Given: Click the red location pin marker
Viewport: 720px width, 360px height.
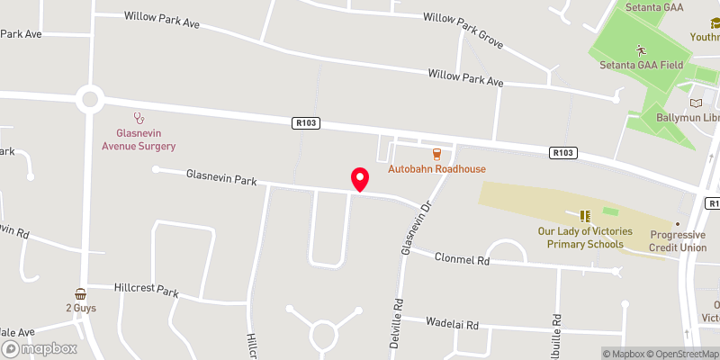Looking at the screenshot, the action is (x=359, y=179).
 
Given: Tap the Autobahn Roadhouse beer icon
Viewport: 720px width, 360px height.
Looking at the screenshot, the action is (x=436, y=154).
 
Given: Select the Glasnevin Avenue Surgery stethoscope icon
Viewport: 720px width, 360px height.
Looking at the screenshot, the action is (x=139, y=117).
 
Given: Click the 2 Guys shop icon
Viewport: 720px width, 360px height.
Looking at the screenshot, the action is (x=81, y=293).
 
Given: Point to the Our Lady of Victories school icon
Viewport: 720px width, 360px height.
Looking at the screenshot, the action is (x=585, y=216).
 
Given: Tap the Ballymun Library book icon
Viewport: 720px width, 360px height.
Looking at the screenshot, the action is (x=696, y=103).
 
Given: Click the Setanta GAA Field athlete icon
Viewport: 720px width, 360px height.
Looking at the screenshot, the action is (x=641, y=50).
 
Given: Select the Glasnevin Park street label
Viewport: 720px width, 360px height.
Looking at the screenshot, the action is (x=221, y=177).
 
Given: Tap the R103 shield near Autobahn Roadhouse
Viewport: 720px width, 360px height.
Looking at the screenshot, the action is (x=306, y=122).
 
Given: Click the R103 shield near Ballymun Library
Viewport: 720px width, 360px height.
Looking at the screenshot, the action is (x=563, y=153).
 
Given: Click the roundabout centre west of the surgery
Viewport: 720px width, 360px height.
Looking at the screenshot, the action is (x=89, y=99).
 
